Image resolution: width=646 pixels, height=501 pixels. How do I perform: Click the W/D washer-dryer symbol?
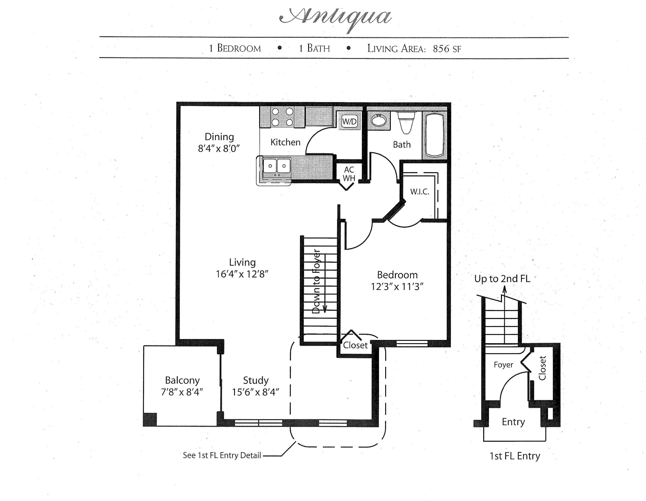(x=349, y=121)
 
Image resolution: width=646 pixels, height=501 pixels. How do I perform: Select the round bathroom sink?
(x=379, y=121)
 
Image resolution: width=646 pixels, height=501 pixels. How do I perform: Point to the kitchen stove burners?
(x=283, y=117)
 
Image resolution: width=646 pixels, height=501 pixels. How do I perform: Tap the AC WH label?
(x=349, y=174)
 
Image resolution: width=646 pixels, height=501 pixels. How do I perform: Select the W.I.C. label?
(x=419, y=192)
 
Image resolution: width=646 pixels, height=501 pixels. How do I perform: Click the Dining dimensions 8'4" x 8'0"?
(x=219, y=149)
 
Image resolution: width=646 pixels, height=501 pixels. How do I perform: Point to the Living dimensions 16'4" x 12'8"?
(x=242, y=274)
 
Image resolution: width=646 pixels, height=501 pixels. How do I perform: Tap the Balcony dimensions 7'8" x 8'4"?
(x=182, y=392)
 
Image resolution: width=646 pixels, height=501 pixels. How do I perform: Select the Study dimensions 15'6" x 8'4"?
(x=256, y=392)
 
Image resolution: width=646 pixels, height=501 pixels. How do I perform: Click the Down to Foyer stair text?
(x=316, y=281)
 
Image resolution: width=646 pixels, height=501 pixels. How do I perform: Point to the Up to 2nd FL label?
(x=502, y=279)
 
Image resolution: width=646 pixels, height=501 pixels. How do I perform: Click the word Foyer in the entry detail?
(x=503, y=365)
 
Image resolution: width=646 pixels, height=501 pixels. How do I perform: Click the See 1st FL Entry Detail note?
(x=222, y=455)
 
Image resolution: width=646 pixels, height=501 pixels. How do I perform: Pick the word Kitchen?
(x=285, y=142)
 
